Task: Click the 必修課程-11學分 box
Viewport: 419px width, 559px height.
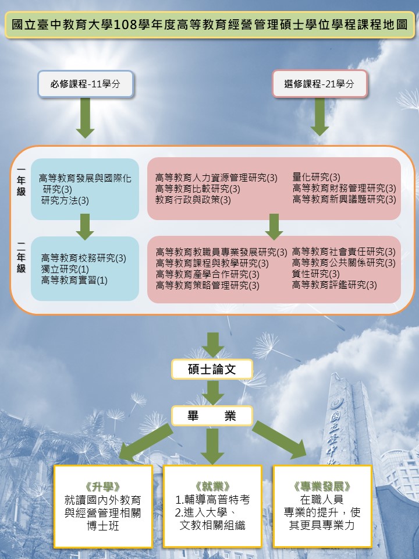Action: point(86,84)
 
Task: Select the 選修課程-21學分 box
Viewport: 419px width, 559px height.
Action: point(319,84)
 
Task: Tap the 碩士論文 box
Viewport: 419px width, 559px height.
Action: point(212,369)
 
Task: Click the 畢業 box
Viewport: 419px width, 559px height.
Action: point(212,416)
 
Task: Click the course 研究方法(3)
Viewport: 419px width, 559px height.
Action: point(65,201)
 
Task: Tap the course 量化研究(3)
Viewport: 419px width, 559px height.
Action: point(316,177)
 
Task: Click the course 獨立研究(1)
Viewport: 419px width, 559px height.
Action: point(65,269)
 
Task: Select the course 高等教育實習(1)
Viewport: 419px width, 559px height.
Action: point(74,280)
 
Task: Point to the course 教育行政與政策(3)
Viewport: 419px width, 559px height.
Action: point(193,200)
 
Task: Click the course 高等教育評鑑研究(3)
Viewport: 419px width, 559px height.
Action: point(334,285)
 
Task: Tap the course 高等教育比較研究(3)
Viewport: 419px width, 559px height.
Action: point(198,189)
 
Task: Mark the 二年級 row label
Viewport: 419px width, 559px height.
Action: point(22,257)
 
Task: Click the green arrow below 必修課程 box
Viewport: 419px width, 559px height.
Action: point(86,118)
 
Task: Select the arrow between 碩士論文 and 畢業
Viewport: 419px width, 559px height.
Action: point(212,392)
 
